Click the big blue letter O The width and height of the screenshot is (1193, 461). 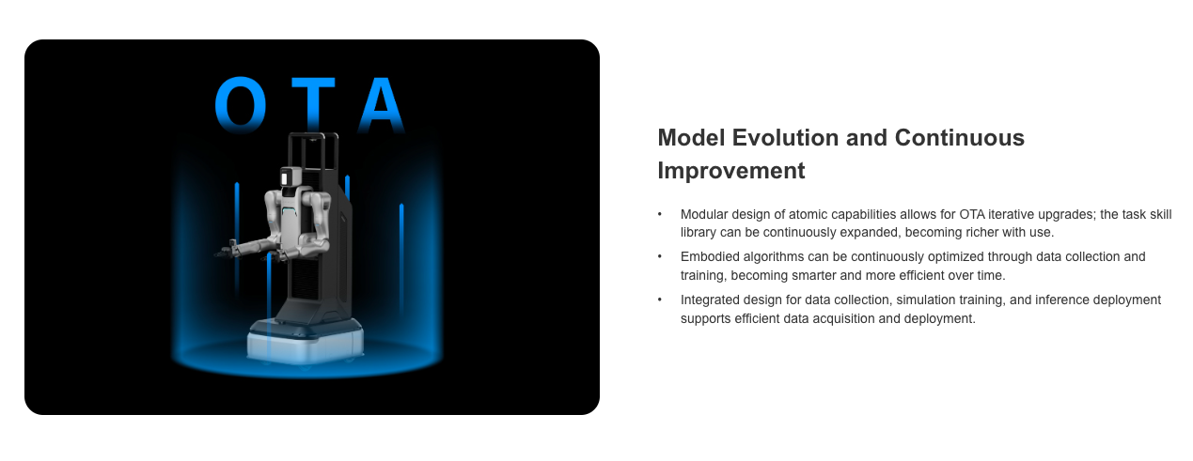coord(241,103)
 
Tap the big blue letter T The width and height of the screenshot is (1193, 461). coord(314,105)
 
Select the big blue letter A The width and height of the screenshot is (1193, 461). coord(382,105)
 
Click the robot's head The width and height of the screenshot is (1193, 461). coord(291,177)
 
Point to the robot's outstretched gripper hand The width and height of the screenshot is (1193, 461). coord(227,251)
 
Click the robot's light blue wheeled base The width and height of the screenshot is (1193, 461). coord(306,342)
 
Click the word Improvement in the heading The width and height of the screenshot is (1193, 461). coord(731,171)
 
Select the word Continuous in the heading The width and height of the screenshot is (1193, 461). coord(959,138)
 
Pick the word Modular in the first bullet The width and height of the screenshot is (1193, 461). coord(703,214)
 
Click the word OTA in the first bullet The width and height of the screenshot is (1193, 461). coord(972,214)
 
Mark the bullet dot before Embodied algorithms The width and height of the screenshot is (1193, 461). coord(660,256)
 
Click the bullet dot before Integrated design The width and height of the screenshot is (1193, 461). coord(660,300)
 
